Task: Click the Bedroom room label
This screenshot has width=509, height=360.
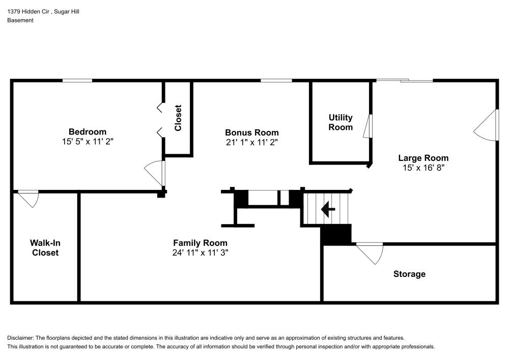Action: pyautogui.click(x=88, y=131)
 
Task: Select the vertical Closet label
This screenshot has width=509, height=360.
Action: pyautogui.click(x=178, y=118)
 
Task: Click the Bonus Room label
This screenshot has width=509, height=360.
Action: pyautogui.click(x=252, y=132)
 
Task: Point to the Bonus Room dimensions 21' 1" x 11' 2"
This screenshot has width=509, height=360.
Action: pyautogui.click(x=252, y=143)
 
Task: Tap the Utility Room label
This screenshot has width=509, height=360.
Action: pyautogui.click(x=341, y=122)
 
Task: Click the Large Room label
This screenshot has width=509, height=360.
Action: pyautogui.click(x=423, y=158)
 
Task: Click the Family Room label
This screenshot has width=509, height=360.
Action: pyautogui.click(x=200, y=243)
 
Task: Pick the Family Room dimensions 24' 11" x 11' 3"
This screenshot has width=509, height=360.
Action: pyautogui.click(x=200, y=253)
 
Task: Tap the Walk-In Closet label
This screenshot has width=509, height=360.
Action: pyautogui.click(x=45, y=247)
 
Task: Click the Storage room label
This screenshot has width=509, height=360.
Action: pyautogui.click(x=409, y=274)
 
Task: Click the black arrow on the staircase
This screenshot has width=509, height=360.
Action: pyautogui.click(x=327, y=208)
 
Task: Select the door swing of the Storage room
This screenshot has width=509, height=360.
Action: pyautogui.click(x=371, y=253)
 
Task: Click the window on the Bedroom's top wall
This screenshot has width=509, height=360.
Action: pyautogui.click(x=77, y=80)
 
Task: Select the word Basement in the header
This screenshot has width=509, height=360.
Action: pyautogui.click(x=20, y=20)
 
